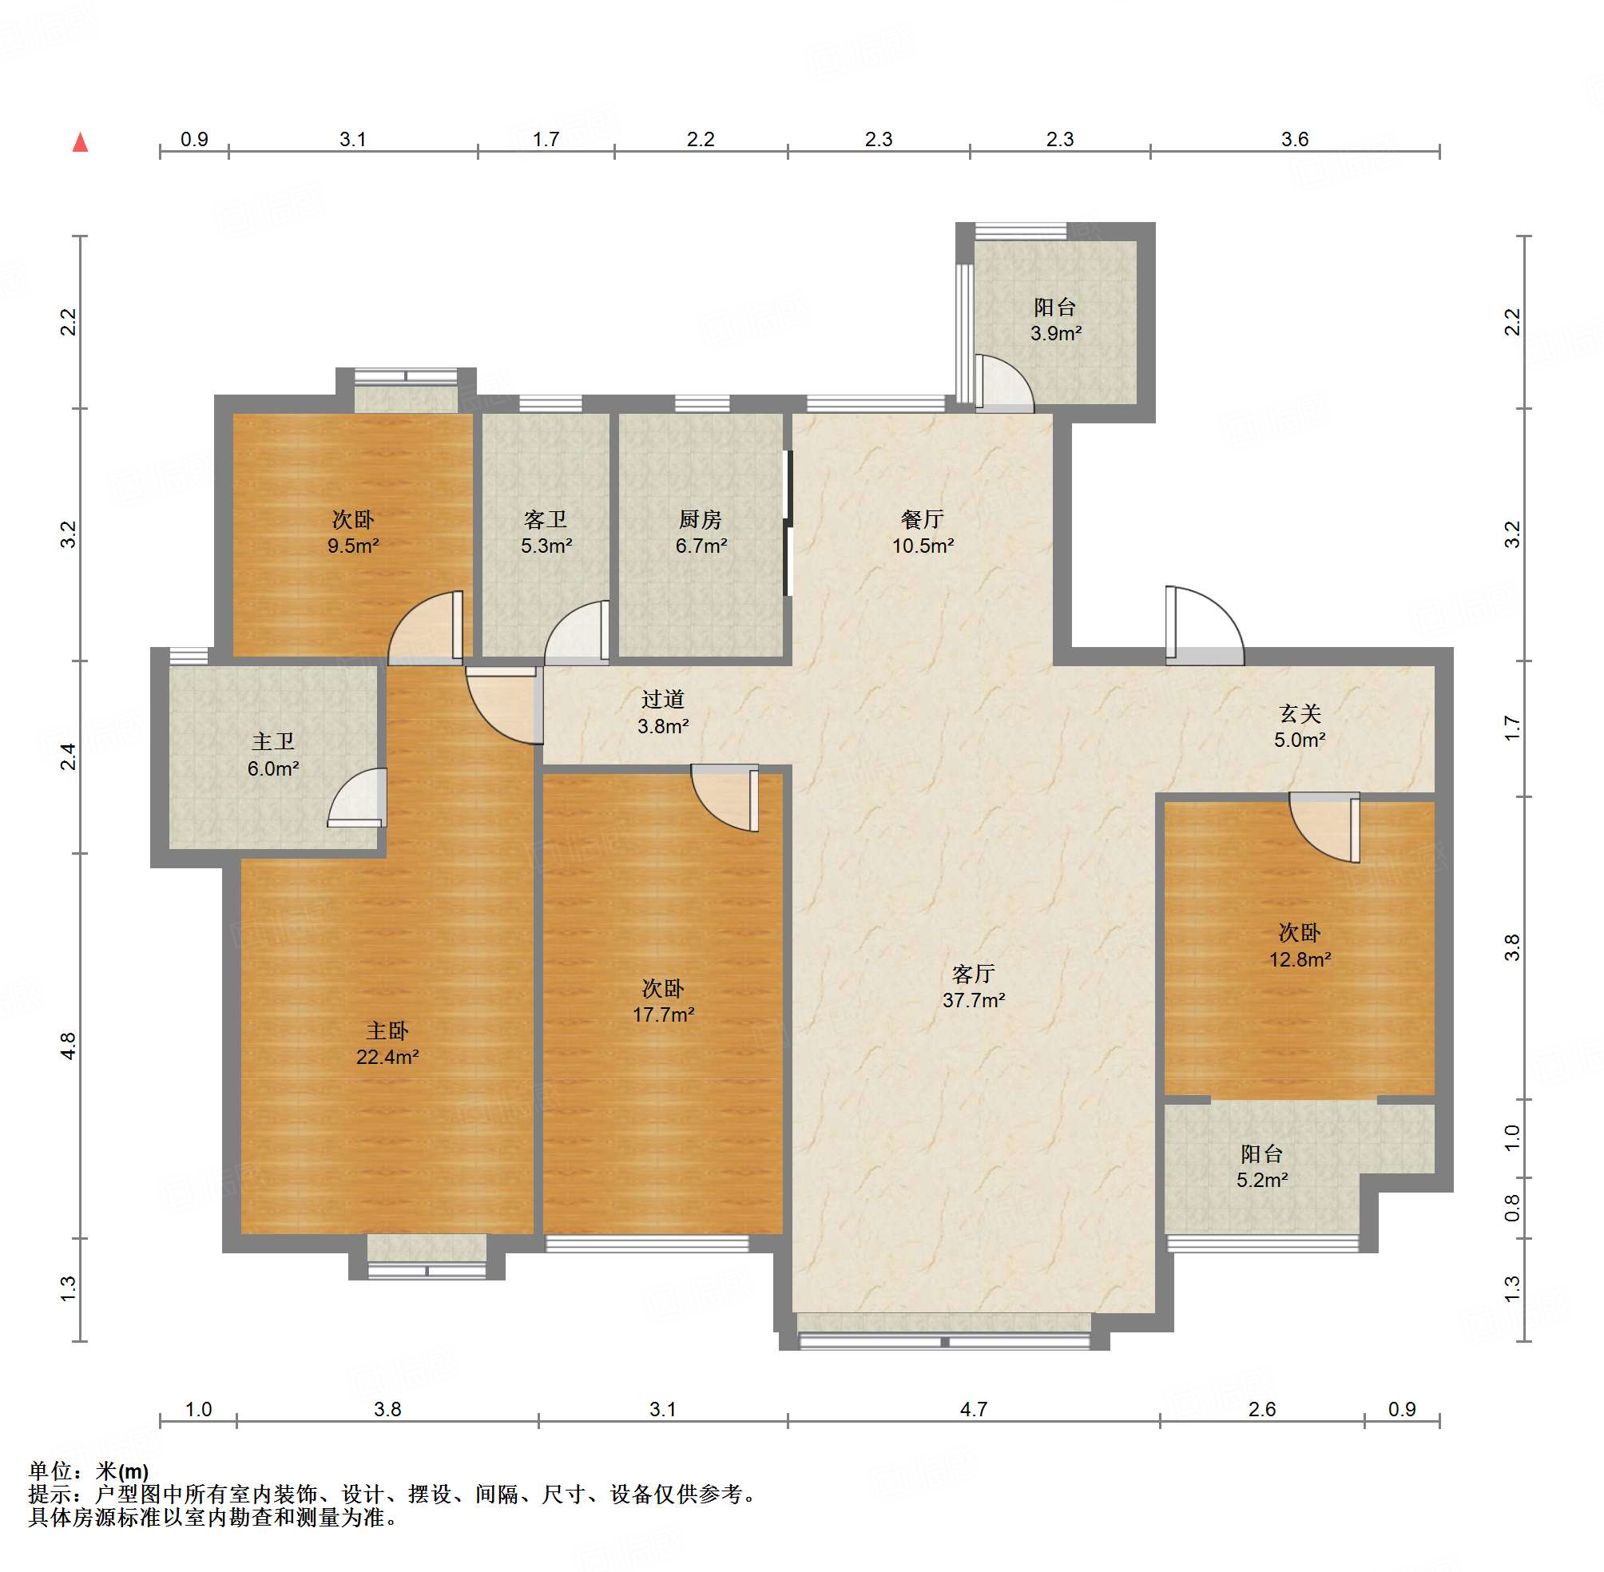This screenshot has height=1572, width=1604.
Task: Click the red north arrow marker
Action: click(80, 142)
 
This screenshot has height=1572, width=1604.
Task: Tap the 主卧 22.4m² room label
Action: click(387, 1042)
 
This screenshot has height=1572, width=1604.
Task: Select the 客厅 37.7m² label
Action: click(973, 986)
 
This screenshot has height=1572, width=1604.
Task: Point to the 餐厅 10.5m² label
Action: click(923, 532)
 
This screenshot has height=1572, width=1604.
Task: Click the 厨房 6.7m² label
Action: click(701, 532)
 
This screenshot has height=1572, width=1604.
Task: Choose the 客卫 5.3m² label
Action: click(546, 532)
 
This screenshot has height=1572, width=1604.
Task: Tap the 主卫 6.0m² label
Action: click(273, 755)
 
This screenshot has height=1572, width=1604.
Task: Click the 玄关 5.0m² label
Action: click(1300, 726)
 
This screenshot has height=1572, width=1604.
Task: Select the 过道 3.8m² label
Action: click(663, 712)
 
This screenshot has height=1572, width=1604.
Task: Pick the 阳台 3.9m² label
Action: click(1055, 320)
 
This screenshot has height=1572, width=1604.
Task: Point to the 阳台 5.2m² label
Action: click(1261, 1165)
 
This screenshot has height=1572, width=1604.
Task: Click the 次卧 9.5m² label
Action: click(353, 532)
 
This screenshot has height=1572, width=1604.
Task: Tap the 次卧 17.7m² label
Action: click(663, 1001)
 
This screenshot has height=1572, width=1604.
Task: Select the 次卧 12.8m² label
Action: click(1300, 945)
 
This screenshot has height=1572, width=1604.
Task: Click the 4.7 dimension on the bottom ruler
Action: click(973, 1408)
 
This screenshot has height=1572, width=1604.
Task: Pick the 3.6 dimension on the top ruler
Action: click(1294, 139)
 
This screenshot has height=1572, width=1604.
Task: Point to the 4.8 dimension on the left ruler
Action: click(69, 1046)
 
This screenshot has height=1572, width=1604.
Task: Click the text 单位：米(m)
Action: click(89, 1471)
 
